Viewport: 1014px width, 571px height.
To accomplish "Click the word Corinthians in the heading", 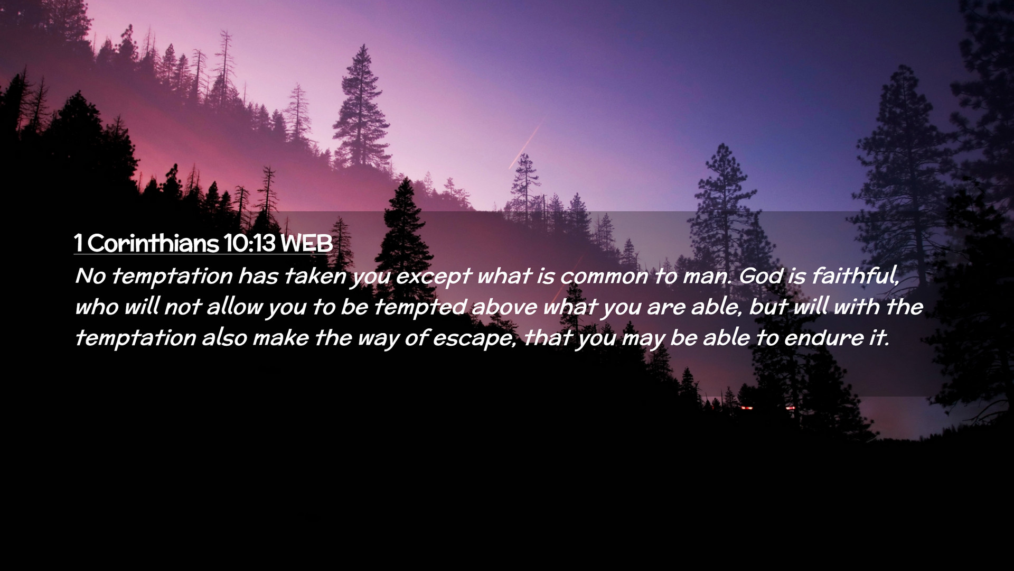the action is coord(153,243).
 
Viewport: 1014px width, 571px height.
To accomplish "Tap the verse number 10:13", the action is coord(250,243).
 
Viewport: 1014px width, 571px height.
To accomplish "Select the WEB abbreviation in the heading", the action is coord(307,243).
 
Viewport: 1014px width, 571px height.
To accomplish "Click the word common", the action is coord(604,277).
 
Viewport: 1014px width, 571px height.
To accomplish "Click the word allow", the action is coord(234,307).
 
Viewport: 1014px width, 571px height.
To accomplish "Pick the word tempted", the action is coord(420,307).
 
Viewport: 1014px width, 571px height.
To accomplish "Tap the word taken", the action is coord(316,275).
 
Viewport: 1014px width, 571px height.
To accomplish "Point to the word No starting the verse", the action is coord(91,276).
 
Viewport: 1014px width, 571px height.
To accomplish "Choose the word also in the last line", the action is coord(224,338).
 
